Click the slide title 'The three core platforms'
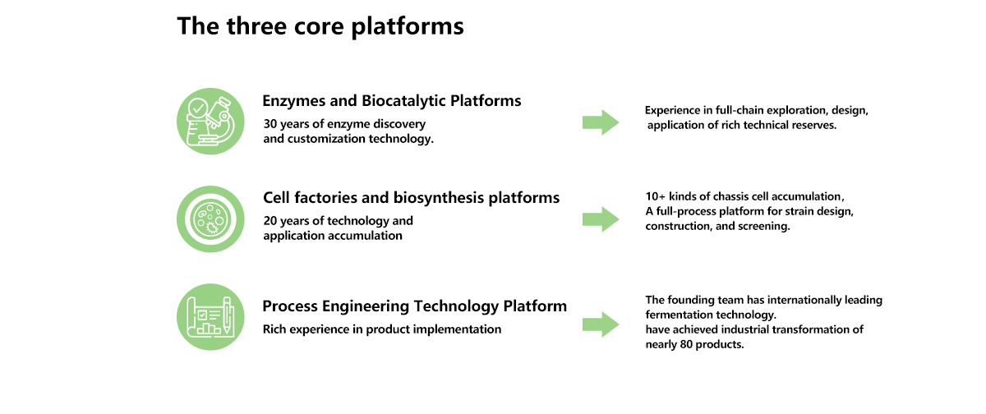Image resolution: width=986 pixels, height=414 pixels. click(320, 26)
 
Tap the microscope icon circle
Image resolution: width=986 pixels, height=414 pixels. click(210, 122)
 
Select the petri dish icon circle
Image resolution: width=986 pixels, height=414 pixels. click(210, 219)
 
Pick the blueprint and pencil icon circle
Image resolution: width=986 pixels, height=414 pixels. click(210, 317)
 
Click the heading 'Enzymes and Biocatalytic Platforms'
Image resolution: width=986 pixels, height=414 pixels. click(392, 101)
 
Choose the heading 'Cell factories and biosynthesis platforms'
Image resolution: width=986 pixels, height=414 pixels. click(411, 198)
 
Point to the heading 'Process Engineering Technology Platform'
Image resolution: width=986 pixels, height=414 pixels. click(415, 306)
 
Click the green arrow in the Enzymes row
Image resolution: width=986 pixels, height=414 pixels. click(601, 122)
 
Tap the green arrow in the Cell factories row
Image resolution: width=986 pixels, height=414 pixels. click(601, 219)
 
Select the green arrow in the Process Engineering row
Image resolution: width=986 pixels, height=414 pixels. click(601, 324)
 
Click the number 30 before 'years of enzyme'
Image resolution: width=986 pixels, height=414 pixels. click(270, 124)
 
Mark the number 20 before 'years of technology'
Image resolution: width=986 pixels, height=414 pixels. click(270, 221)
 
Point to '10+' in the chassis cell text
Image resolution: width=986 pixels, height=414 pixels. click(656, 196)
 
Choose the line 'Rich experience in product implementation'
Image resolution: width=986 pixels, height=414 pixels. click(382, 329)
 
